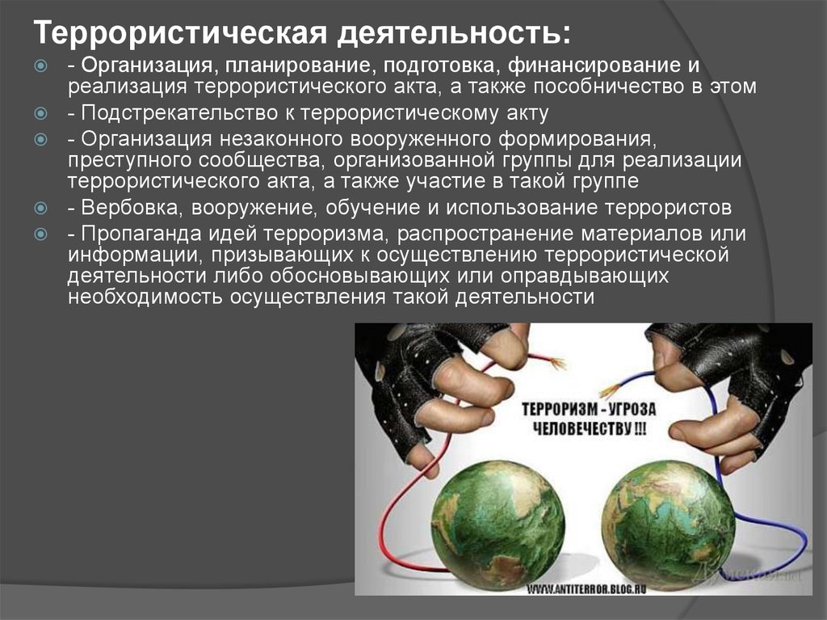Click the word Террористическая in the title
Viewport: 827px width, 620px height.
click(181, 33)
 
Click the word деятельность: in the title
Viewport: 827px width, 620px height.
click(455, 33)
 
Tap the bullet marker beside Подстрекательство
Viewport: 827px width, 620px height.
click(40, 113)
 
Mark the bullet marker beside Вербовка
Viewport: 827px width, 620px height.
click(40, 208)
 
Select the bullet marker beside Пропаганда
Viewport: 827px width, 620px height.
click(40, 234)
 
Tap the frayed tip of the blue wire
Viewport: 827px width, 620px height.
click(609, 391)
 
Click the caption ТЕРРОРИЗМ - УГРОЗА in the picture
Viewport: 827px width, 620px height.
click(589, 409)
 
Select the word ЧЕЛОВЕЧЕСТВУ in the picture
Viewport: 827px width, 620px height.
click(581, 428)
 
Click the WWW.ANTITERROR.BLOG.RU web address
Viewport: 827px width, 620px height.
click(586, 588)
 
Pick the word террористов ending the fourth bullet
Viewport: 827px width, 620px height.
click(668, 208)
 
